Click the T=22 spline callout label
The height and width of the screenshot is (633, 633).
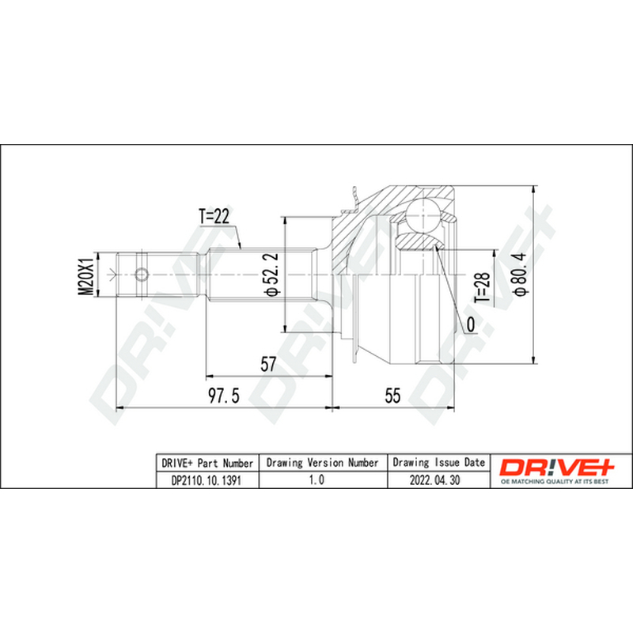tap(214, 216)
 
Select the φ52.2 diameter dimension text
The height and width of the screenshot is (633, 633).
tap(271, 275)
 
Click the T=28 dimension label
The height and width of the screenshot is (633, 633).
tap(482, 287)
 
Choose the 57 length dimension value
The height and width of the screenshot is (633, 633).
tap(268, 364)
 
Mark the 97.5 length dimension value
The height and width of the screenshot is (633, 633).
tap(223, 396)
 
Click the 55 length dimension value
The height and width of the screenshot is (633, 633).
tap(392, 396)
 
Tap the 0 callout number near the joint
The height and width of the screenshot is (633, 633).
tap(471, 324)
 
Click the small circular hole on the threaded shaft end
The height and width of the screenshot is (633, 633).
tap(142, 275)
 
